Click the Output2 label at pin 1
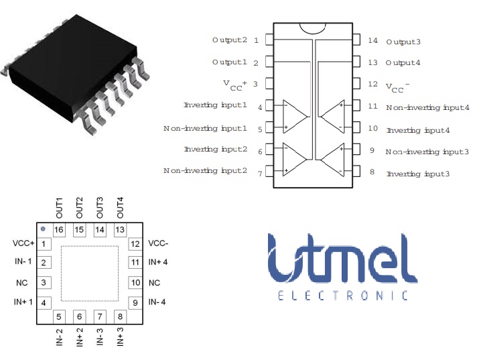click(230, 40)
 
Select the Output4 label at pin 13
click(403, 62)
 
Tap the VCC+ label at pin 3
click(235, 84)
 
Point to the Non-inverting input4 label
click(427, 107)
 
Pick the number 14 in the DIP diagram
click(372, 41)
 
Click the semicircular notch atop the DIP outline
click(313, 27)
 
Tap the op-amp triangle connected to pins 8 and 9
click(333, 161)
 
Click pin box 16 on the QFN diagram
click(59, 230)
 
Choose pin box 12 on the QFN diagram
click(135, 244)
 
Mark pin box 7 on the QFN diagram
click(100, 316)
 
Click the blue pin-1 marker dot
click(43, 229)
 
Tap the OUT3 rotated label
click(100, 208)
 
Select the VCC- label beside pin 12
click(159, 244)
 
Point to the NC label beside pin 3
click(22, 282)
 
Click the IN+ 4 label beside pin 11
click(158, 262)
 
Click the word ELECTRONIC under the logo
click(342, 295)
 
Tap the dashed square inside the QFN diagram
click(89, 273)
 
